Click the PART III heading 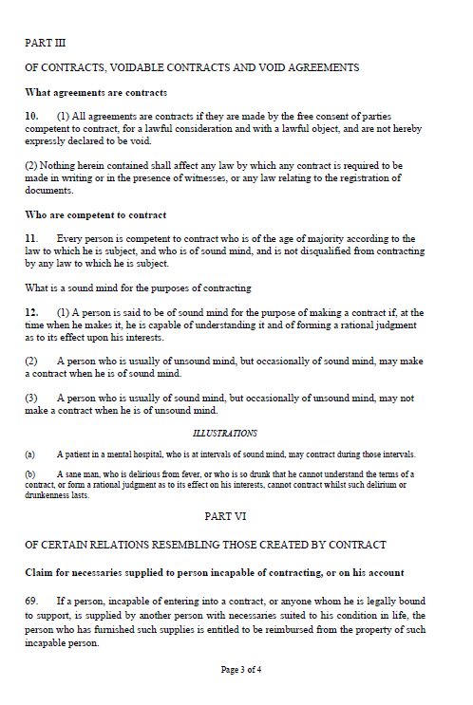45,43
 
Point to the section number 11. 30,238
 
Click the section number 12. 30,311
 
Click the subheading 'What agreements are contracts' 96,92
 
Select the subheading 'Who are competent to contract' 95,214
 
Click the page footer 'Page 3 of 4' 240,669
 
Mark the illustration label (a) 29,455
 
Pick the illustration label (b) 29,473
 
